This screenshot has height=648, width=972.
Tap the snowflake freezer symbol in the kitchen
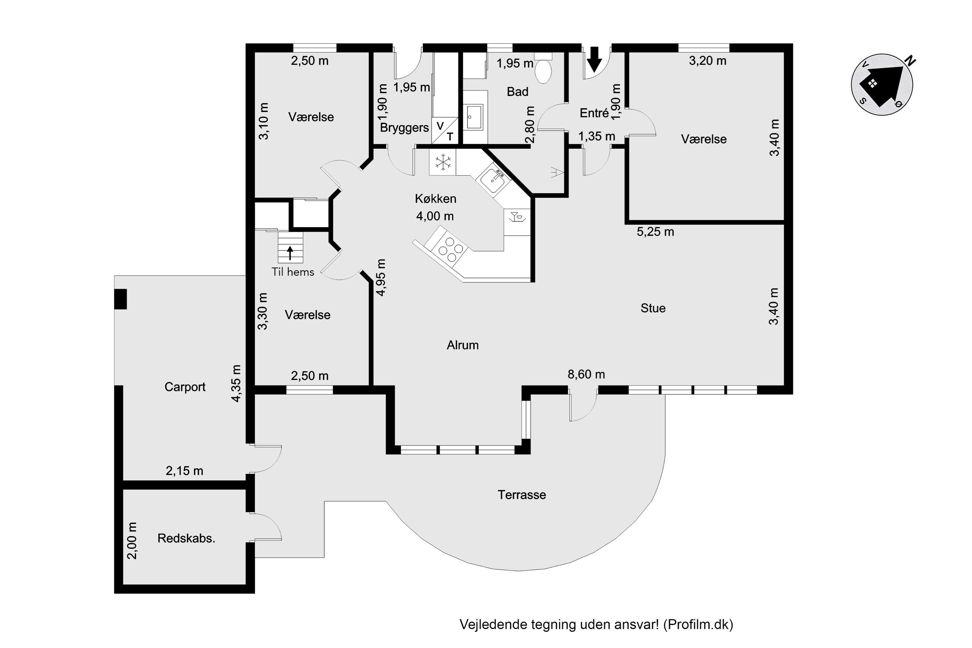[x=443, y=162]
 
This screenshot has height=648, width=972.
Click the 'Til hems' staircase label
[x=293, y=272]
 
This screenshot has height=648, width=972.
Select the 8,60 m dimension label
[x=586, y=375]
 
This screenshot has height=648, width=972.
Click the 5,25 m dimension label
[x=655, y=232]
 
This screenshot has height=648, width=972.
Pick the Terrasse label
[x=522, y=495]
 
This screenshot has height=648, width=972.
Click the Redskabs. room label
[x=186, y=538]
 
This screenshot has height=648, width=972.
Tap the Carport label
[x=185, y=387]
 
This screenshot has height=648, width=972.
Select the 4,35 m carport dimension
[x=236, y=384]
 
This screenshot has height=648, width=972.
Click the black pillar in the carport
[x=120, y=299]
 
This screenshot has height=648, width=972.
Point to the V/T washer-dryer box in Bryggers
[x=445, y=130]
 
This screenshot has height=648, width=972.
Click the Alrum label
[x=462, y=345]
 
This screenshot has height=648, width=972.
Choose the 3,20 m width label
[x=708, y=61]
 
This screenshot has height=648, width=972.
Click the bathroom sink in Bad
[x=474, y=117]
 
